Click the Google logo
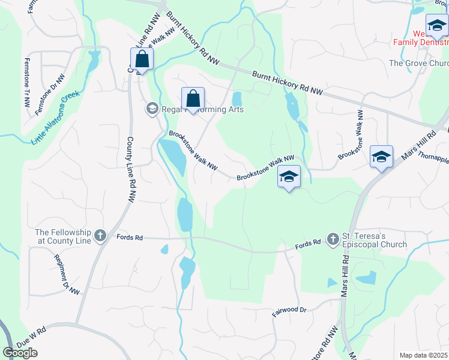[x=20, y=353]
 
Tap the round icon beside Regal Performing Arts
[x=152, y=109]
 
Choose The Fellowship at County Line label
[x=62, y=236]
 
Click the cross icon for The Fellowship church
[x=100, y=235]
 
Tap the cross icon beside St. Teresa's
[x=333, y=239]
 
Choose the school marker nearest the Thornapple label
[x=381, y=157]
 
